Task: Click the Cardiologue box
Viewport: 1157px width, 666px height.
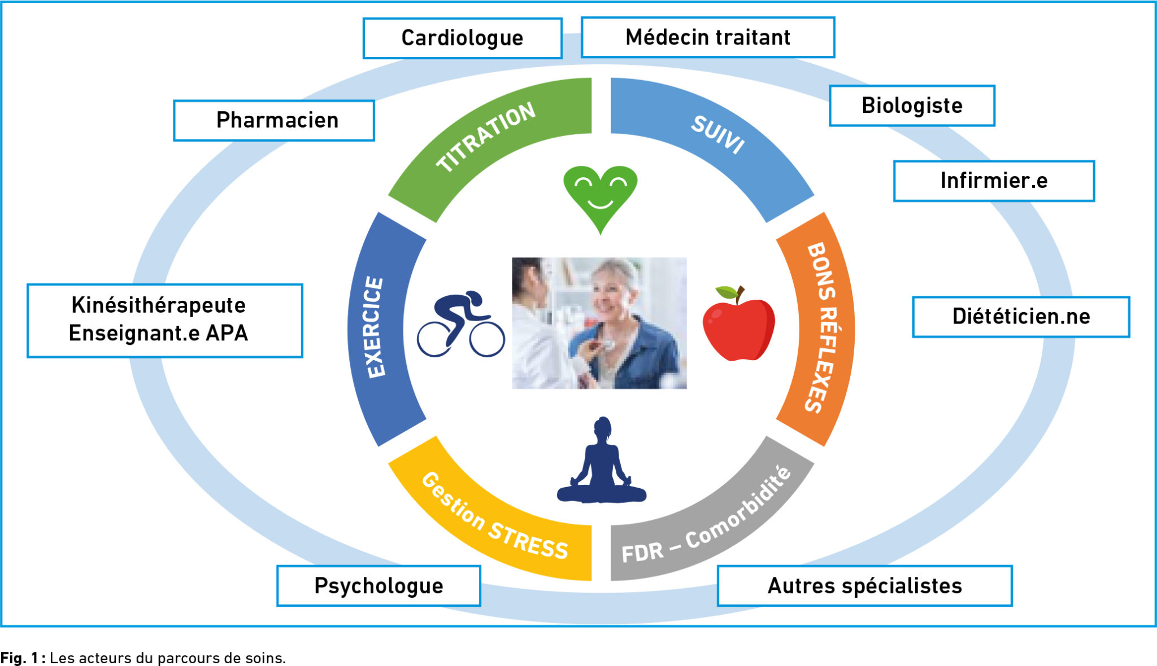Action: pos(462,38)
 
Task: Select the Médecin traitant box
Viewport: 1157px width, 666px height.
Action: pos(707,38)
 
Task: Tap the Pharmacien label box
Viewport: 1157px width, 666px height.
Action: pos(274,121)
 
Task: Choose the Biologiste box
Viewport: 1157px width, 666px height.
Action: pos(912,106)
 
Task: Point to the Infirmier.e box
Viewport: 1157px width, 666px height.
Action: pos(994,181)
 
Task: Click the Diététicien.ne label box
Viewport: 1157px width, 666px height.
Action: pos(1021,317)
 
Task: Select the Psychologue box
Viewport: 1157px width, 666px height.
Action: pos(379,586)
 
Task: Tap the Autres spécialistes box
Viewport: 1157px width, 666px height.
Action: pos(864,586)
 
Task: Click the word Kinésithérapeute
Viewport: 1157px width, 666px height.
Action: pos(159,305)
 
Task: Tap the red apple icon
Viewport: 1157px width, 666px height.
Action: pos(738,327)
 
